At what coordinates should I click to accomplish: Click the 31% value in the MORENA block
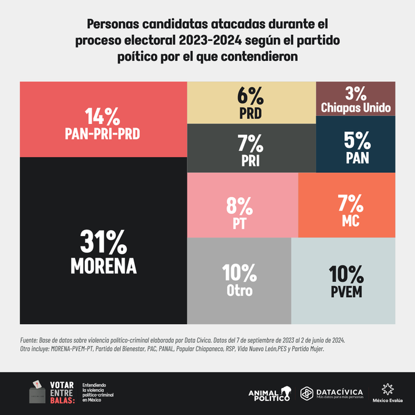coord(103,242)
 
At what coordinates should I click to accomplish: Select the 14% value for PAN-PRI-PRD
coord(103,116)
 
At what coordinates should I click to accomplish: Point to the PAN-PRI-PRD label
coord(103,133)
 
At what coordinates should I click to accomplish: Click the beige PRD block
coord(251,102)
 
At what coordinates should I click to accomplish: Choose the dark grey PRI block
coord(251,148)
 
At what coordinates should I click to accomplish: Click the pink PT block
coord(242,205)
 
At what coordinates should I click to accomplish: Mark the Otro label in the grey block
coord(239,290)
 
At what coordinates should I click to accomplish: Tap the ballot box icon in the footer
coord(38,393)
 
